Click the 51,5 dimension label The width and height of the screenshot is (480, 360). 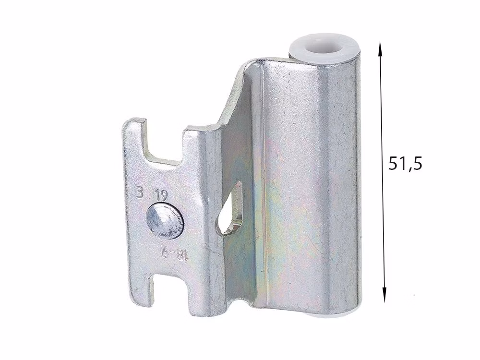coord(405,164)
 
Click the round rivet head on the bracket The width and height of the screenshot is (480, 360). coord(165,220)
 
